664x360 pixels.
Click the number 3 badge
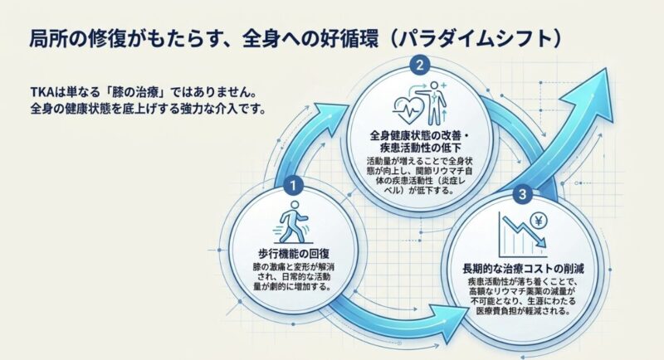pyautogui.click(x=521, y=195)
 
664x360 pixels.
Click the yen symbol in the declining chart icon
pyautogui.click(x=539, y=221)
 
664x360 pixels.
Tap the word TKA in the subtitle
pyautogui.click(x=42, y=91)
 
